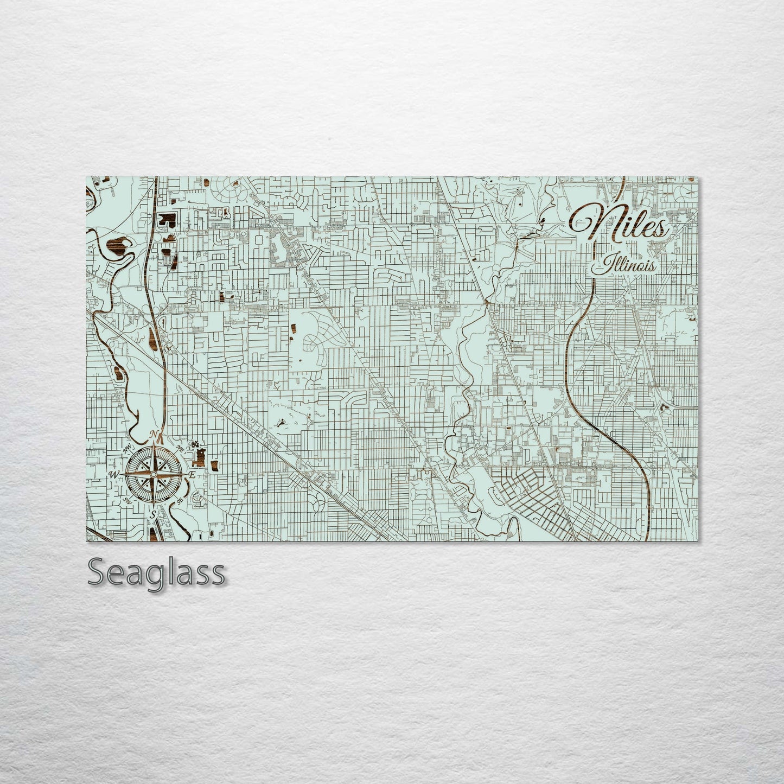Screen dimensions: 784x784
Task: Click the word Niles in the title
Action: coord(620,223)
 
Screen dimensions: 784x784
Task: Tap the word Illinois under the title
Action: coord(627,266)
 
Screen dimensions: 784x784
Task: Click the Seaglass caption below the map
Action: coord(156,572)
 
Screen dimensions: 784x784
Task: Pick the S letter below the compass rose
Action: coord(154,513)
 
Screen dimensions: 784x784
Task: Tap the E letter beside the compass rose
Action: coord(191,475)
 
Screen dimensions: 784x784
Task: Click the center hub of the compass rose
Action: coord(154,475)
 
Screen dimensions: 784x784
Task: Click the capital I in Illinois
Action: coord(601,266)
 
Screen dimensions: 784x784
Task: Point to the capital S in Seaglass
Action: coord(98,572)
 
